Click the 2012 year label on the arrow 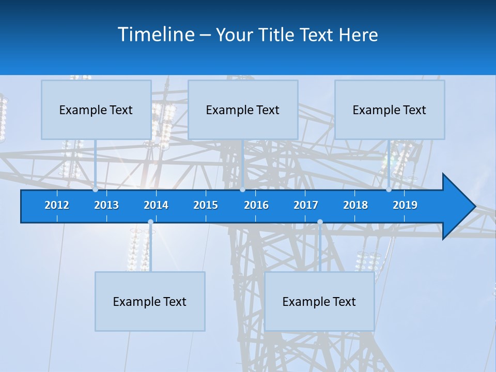click(x=57, y=205)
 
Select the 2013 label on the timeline click(x=106, y=205)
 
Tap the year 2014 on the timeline click(x=156, y=205)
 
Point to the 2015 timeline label click(x=206, y=205)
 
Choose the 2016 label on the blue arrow click(x=256, y=205)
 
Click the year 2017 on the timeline click(x=306, y=205)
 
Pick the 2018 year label click(x=355, y=205)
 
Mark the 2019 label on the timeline click(x=405, y=205)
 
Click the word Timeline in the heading click(x=156, y=35)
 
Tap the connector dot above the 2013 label click(x=95, y=190)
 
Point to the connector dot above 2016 click(x=242, y=190)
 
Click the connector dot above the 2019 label click(x=389, y=190)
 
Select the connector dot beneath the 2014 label click(x=150, y=222)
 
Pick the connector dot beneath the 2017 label click(x=320, y=222)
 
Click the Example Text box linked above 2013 click(x=96, y=110)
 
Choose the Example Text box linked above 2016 click(x=243, y=110)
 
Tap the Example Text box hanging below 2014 click(x=150, y=301)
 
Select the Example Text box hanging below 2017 click(x=319, y=301)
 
